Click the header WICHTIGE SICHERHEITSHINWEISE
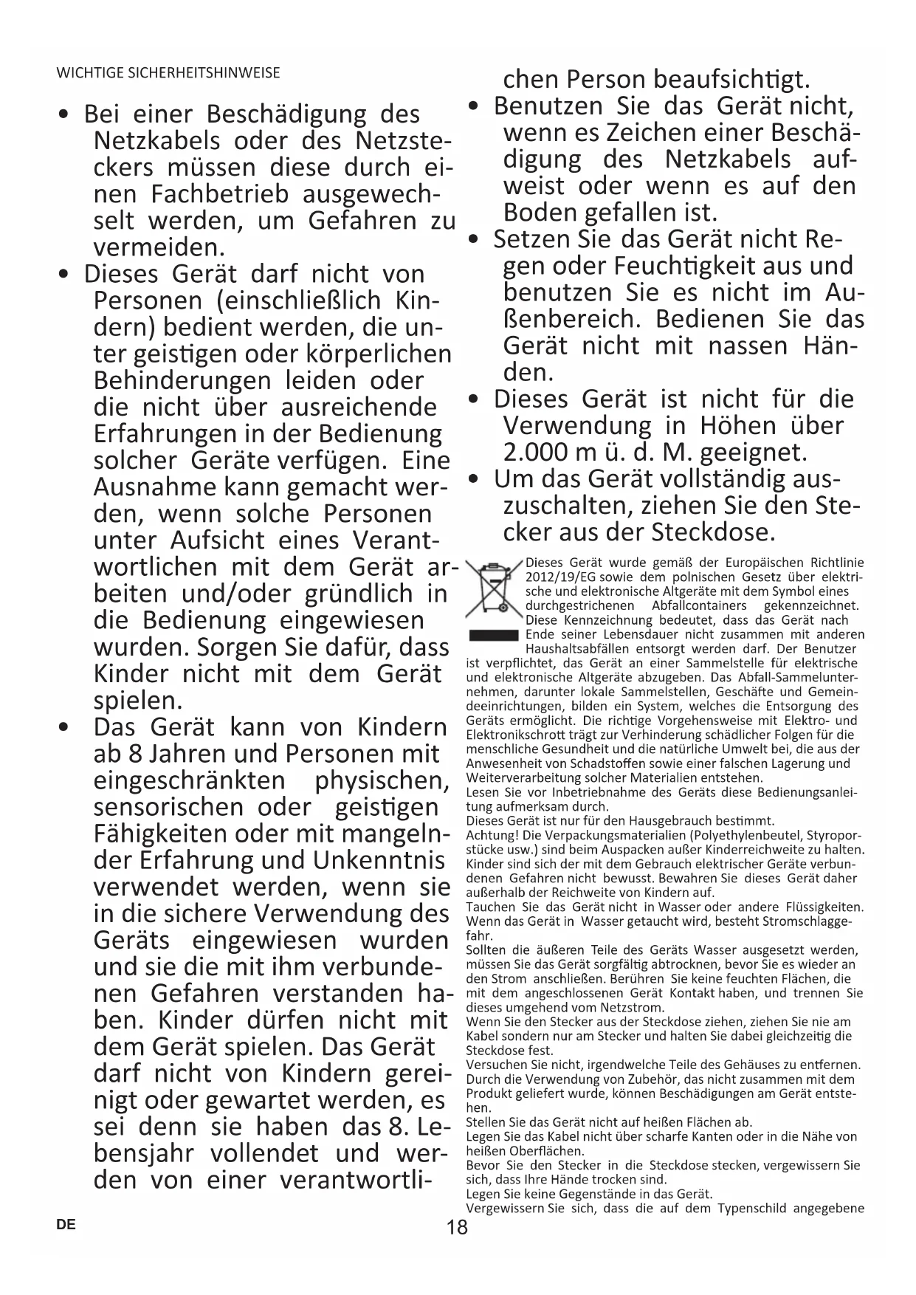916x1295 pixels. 168,73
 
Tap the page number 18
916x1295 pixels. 457,1228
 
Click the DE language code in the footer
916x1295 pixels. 66,1223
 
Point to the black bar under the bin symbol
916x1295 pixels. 494,635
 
